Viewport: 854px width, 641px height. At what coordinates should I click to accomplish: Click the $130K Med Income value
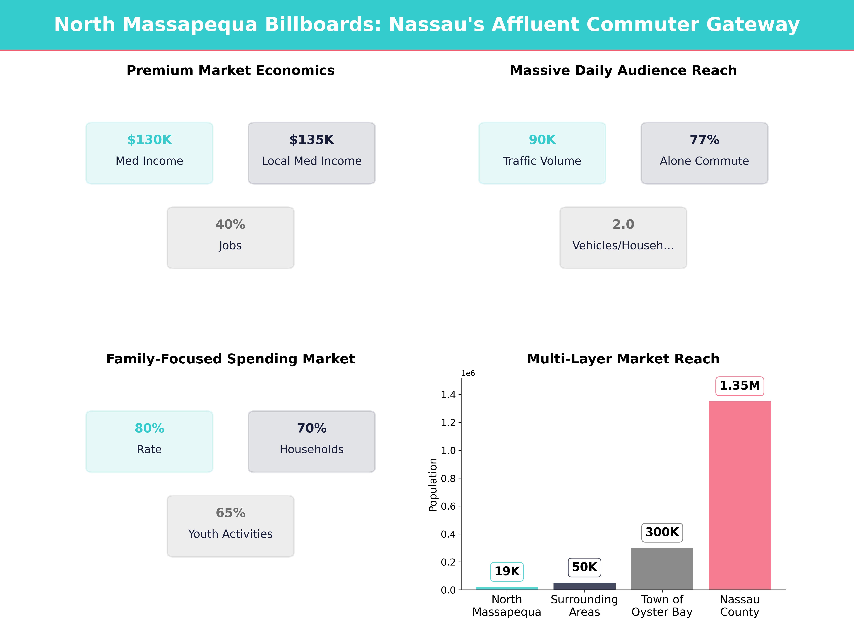[149, 140]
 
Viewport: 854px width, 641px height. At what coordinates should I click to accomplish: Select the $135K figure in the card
[312, 140]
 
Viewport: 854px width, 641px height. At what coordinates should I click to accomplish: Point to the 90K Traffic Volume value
[542, 140]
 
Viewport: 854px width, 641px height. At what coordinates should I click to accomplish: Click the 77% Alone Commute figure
[704, 140]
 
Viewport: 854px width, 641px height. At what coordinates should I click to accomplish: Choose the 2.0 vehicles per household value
[623, 225]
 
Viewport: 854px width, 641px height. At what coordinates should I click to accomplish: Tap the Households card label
[312, 449]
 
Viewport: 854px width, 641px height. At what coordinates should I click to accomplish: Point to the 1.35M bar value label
[739, 386]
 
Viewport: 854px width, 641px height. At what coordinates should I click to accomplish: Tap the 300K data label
[662, 532]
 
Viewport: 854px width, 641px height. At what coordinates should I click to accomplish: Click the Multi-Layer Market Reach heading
[623, 359]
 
